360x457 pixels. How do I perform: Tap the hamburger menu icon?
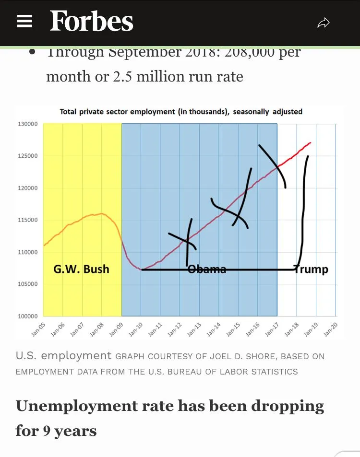click(24, 22)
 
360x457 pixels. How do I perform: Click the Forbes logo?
click(91, 22)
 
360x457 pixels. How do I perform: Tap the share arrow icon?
click(324, 23)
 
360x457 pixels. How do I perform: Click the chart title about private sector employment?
click(181, 112)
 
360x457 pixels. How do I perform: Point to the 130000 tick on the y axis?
click(28, 124)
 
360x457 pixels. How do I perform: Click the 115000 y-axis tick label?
click(28, 220)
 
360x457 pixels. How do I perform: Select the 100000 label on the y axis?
click(28, 316)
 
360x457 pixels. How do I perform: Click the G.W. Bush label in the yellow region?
click(81, 269)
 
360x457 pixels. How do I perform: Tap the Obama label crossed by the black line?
click(206, 269)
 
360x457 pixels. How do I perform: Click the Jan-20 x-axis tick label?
click(331, 328)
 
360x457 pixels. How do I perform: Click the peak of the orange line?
click(101, 213)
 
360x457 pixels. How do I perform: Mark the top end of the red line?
click(310, 142)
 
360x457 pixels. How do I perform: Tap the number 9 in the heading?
click(47, 431)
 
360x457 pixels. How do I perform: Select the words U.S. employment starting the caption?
click(63, 356)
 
